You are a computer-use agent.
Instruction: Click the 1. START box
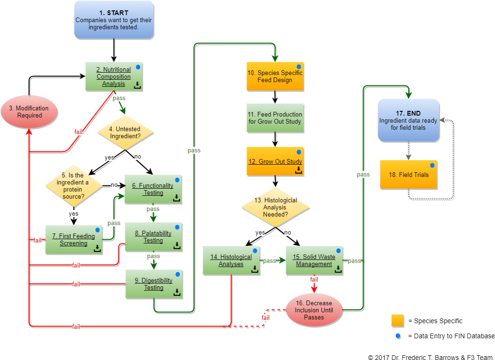114,20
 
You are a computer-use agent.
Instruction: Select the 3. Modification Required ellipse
29,112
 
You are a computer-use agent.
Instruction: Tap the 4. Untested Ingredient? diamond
125,133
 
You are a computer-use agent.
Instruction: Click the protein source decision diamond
74,185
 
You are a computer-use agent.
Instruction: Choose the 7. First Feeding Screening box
74,240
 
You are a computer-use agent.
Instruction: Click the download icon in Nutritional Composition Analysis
137,85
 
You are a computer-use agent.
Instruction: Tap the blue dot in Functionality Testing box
177,180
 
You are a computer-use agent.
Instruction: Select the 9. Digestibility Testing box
154,284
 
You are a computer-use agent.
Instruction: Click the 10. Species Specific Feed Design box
275,76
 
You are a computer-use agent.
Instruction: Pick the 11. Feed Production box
275,118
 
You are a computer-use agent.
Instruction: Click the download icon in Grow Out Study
298,170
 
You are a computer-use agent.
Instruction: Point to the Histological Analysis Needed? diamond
275,207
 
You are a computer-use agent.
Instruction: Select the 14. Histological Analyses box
231,260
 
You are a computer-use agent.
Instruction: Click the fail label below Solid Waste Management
314,280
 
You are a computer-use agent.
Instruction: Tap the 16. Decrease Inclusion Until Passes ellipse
314,310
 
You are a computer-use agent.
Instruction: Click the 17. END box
408,120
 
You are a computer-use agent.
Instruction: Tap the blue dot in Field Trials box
432,165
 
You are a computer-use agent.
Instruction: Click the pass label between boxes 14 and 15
269,260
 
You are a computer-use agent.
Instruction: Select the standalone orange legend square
397,320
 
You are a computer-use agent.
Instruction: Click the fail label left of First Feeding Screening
37,241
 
